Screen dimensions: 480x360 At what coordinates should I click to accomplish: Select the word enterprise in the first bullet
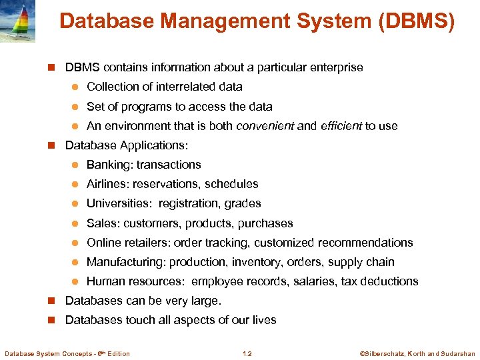point(337,67)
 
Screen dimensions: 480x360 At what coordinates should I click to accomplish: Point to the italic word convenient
point(265,126)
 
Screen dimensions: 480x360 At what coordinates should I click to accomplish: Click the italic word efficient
point(341,126)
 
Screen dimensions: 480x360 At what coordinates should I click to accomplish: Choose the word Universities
point(117,203)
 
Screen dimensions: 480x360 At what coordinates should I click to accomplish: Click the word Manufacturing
point(126,262)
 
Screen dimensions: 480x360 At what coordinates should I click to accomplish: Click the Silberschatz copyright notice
point(418,353)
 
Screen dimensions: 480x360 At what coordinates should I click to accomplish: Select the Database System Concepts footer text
point(67,353)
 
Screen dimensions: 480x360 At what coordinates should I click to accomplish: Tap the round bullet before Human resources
point(75,281)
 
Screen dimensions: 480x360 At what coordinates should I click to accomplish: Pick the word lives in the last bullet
point(264,320)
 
